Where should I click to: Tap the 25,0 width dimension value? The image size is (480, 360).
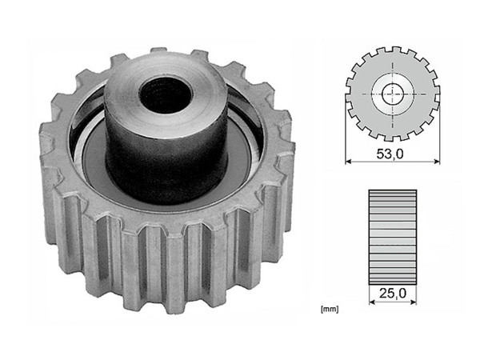[392, 294]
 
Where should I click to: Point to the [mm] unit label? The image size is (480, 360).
[327, 307]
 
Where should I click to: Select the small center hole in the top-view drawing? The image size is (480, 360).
[392, 94]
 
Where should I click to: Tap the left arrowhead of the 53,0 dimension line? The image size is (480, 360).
[349, 162]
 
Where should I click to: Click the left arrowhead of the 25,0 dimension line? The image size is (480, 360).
[371, 303]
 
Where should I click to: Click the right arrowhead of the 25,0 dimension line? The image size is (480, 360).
[413, 303]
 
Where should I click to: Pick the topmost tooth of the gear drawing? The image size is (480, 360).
[392, 50]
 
